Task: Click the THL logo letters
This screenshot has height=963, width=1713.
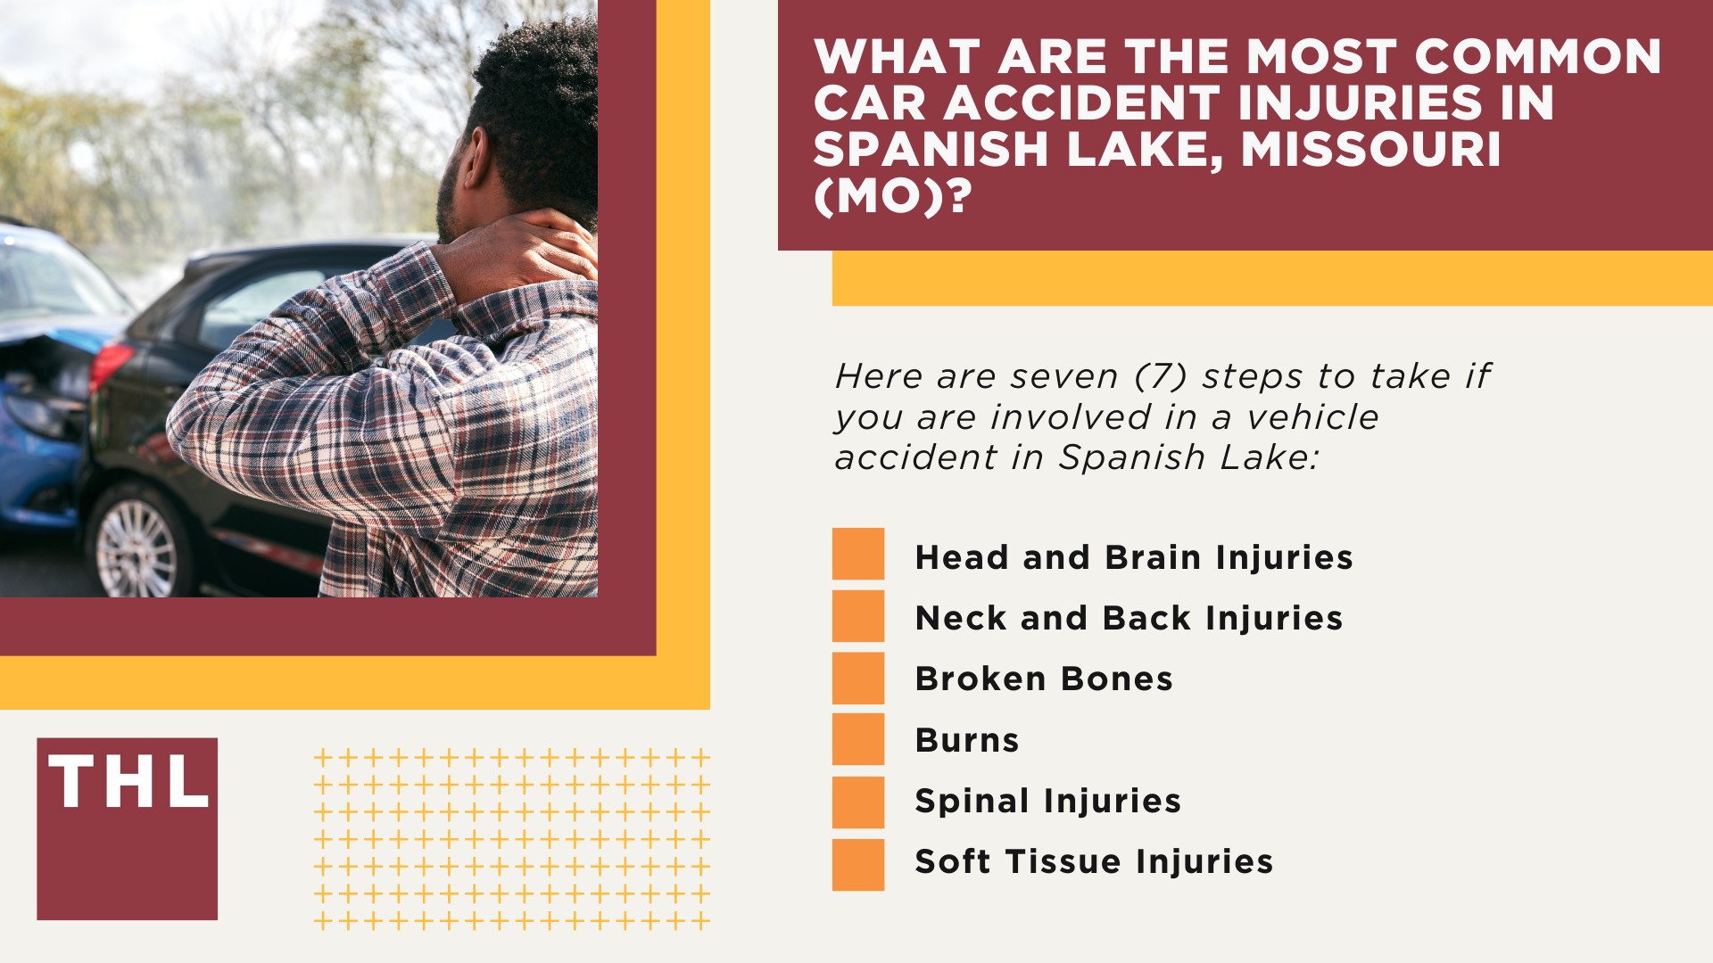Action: click(128, 782)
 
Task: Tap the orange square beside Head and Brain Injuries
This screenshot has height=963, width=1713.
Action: click(858, 554)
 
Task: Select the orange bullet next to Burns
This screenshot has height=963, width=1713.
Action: click(858, 739)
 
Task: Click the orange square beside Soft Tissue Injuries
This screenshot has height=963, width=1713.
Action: click(858, 865)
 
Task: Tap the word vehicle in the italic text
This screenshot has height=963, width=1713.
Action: click(1312, 416)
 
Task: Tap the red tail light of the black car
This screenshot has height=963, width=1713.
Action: click(112, 366)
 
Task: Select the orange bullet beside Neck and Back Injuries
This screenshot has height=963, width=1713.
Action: click(858, 616)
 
